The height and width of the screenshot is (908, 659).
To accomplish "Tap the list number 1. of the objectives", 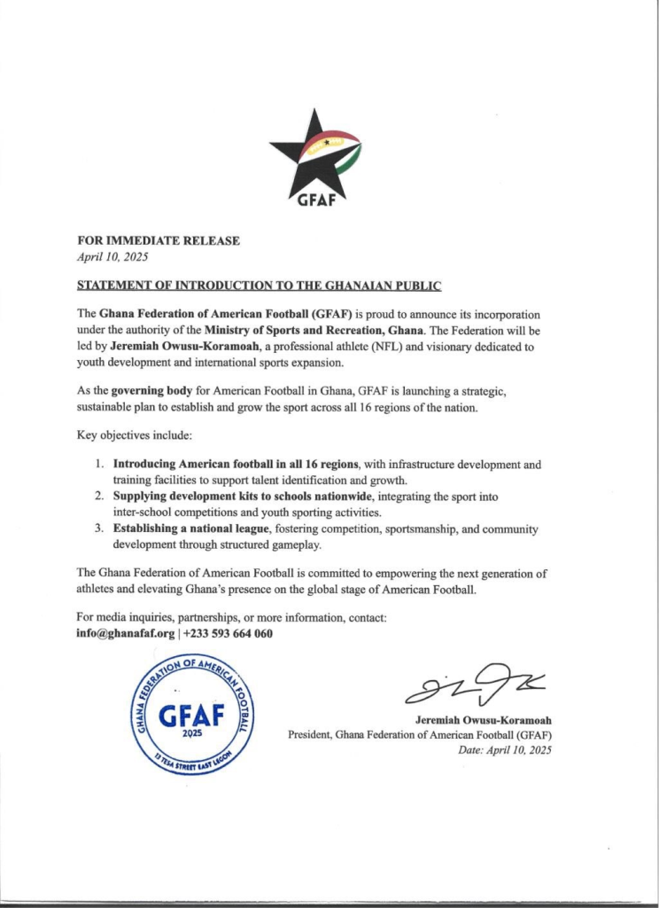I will click(100, 465).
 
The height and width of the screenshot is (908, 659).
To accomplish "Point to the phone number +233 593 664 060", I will click(228, 634).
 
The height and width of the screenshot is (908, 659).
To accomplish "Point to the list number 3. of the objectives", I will click(100, 528).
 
